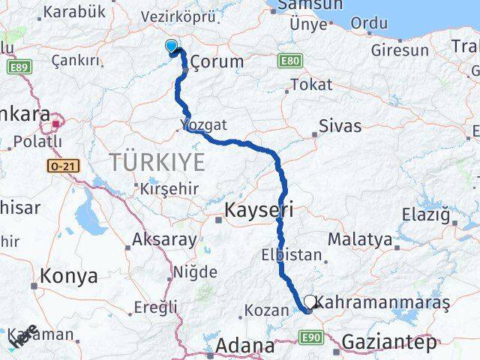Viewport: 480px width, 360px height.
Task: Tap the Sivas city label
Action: [340, 125]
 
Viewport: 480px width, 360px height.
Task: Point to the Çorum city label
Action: [217, 61]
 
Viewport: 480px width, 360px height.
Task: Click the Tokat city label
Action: [310, 85]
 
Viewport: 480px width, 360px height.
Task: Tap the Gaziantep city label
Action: [388, 343]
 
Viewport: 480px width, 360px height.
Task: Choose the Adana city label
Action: [245, 346]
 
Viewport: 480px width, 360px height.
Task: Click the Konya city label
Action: [69, 275]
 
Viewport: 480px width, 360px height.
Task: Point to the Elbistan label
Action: [292, 254]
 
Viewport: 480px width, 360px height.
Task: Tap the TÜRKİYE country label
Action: [157, 160]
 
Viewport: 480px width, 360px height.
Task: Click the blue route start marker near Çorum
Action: [172, 46]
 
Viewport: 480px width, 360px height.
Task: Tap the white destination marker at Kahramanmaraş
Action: [310, 301]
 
